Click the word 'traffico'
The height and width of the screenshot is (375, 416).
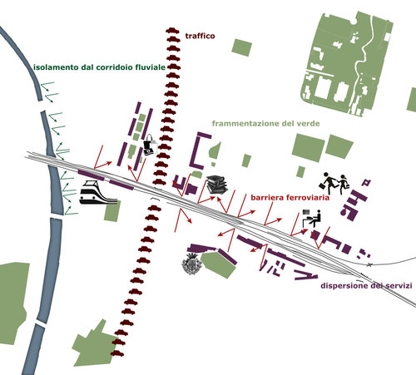(x=200, y=36)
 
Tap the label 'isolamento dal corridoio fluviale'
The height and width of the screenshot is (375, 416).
(x=99, y=67)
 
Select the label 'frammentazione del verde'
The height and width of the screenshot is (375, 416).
(x=265, y=123)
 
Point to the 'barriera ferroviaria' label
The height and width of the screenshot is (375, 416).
(x=290, y=197)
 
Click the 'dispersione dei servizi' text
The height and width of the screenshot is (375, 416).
(x=366, y=285)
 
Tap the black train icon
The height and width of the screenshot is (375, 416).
(x=97, y=192)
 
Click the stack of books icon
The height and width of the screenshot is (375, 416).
(x=217, y=185)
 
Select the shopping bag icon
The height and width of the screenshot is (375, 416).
(x=150, y=145)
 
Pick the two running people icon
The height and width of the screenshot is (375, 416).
(x=334, y=183)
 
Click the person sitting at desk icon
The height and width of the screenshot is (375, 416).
(x=312, y=219)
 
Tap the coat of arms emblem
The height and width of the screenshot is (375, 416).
(x=191, y=264)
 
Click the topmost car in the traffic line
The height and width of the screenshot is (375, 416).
(x=172, y=31)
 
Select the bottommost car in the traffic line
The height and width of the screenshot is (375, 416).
(x=117, y=353)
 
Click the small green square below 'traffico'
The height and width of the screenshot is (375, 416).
(x=242, y=47)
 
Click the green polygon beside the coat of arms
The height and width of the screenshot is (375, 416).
(x=219, y=264)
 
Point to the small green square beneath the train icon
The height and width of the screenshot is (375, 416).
(x=112, y=211)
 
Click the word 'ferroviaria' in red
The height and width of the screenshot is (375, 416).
(x=308, y=197)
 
